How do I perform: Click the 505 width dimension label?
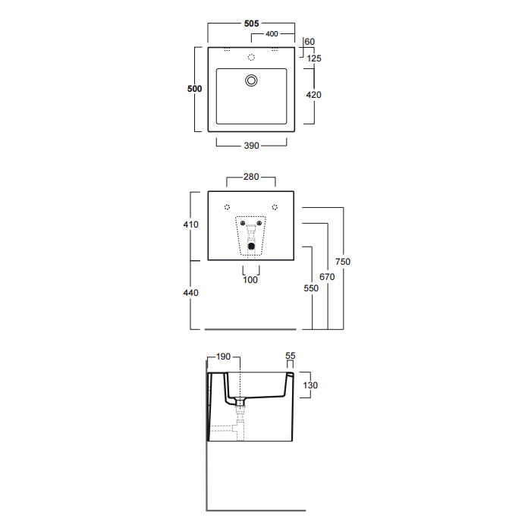coord(251,24)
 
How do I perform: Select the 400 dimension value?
coord(272,34)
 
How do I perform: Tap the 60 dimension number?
coord(309,42)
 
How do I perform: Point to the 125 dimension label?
coord(314,58)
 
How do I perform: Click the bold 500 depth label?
coord(194,89)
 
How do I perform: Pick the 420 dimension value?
coord(313,95)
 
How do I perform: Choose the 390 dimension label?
coord(251,146)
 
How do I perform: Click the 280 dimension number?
coord(251,177)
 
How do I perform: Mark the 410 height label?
coord(190,225)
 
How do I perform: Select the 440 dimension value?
coord(190,293)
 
